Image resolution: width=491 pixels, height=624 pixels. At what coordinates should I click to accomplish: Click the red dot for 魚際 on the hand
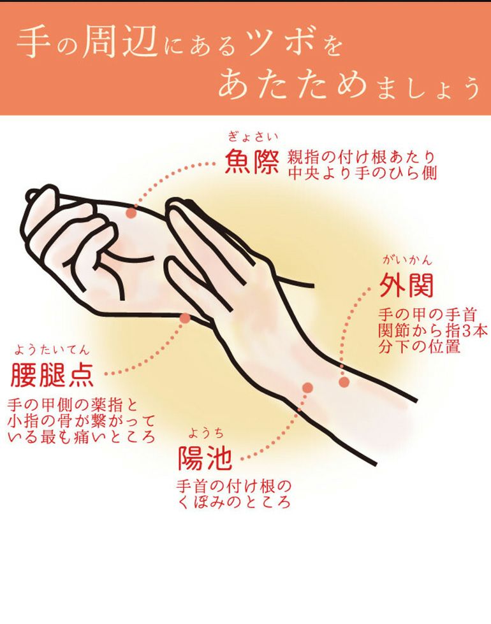(131, 213)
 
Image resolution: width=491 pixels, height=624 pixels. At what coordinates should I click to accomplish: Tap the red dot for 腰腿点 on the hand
(185, 318)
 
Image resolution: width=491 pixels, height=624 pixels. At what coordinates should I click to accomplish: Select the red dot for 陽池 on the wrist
(307, 388)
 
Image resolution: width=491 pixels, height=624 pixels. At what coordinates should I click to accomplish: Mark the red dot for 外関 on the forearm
(344, 383)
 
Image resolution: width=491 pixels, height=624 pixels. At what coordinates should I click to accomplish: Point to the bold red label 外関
(407, 285)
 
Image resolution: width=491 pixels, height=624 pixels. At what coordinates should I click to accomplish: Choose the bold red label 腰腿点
(52, 375)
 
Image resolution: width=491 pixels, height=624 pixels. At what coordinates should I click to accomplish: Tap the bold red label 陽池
(205, 458)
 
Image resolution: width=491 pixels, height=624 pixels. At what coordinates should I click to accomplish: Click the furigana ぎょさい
(253, 138)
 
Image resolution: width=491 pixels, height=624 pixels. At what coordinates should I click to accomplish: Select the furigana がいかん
(407, 260)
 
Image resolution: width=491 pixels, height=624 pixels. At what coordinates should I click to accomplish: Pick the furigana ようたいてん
(52, 350)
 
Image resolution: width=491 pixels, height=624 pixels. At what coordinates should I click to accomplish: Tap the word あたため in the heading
(292, 86)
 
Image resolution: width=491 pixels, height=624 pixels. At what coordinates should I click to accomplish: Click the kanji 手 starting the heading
(32, 43)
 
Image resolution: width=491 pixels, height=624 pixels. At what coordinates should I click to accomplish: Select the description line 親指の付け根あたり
(362, 158)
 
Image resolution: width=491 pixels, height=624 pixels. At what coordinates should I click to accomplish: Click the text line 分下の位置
(420, 346)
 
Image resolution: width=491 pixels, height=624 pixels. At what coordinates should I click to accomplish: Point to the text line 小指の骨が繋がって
(80, 421)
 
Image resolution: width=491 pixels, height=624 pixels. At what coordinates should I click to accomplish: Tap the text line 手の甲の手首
(428, 315)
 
